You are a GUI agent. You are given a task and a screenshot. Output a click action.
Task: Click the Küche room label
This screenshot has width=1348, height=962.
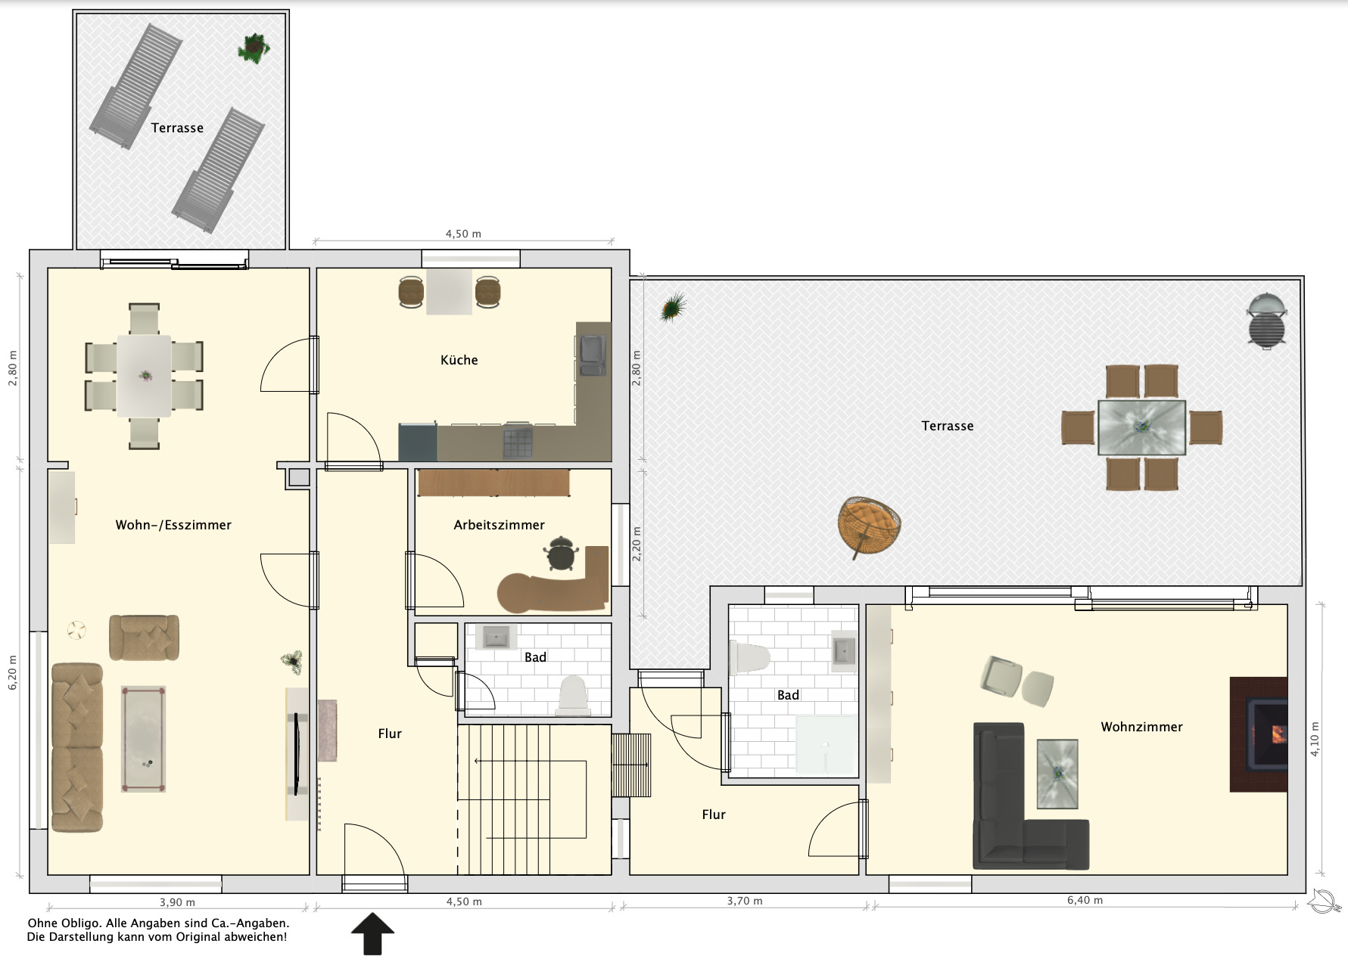coord(459,360)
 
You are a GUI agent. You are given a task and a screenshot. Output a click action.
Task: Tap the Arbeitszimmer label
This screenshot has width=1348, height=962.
coord(499,525)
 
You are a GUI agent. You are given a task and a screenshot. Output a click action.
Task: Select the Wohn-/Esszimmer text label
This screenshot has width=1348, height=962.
coord(173,525)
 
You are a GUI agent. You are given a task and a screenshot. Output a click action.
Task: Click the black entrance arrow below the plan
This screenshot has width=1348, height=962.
coord(372,933)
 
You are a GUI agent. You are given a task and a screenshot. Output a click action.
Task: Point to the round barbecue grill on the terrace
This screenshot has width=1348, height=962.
coord(1266,320)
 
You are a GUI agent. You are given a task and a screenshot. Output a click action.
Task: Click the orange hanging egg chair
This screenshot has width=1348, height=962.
coord(869,526)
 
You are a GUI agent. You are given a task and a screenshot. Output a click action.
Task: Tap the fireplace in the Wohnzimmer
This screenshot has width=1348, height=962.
coord(1258,734)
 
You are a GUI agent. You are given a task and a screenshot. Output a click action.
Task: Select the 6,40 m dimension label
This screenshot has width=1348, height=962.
coord(1085,900)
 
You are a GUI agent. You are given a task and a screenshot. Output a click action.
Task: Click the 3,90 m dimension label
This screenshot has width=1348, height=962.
coord(177,902)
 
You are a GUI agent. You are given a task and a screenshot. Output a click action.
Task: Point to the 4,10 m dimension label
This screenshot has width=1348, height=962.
coord(1315,739)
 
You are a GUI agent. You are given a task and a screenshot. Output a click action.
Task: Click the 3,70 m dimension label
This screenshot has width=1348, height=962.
coord(745,901)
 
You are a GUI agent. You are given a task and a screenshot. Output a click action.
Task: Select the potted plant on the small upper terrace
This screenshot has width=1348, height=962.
coord(253,48)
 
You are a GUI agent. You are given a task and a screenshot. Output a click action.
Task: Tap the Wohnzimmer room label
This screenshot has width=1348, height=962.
coord(1141,727)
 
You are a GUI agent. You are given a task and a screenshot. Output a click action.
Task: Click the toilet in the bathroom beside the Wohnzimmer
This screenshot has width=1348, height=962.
coord(749,658)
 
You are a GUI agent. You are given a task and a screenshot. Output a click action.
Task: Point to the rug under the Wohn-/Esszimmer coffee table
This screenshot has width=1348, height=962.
coord(143,739)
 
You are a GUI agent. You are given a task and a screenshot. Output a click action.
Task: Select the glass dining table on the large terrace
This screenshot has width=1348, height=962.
coord(1141,427)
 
